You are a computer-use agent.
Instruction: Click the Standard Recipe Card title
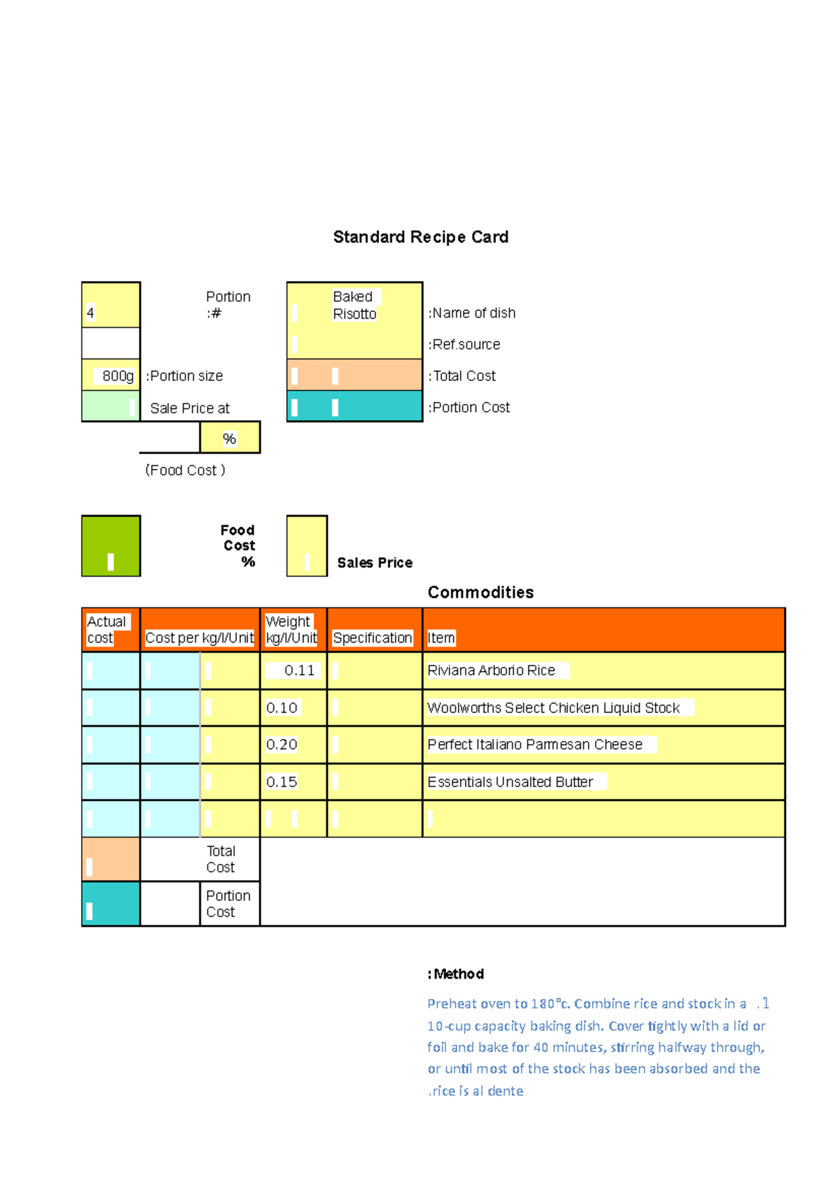click(420, 237)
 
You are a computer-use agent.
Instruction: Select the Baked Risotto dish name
click(354, 305)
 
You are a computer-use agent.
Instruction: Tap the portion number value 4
click(90, 313)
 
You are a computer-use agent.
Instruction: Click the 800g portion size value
click(117, 376)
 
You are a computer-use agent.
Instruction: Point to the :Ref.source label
click(464, 345)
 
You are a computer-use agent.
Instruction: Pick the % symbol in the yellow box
click(229, 438)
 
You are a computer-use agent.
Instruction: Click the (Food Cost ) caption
click(185, 470)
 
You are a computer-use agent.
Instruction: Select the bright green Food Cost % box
click(110, 546)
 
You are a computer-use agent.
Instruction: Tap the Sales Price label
click(375, 563)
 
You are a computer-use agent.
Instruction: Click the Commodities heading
click(480, 592)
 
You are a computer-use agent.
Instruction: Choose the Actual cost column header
click(106, 630)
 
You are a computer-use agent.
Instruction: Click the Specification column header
click(373, 638)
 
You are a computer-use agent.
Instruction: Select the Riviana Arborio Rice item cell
click(492, 670)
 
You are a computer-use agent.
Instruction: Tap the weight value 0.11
click(299, 670)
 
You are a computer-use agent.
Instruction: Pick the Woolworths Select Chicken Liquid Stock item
click(553, 707)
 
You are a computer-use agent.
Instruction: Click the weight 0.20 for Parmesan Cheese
click(282, 744)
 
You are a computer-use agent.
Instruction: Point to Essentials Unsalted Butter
click(510, 782)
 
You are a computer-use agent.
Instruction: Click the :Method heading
click(456, 974)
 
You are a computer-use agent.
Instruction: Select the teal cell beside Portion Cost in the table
click(110, 904)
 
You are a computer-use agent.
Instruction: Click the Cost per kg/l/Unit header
click(199, 638)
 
